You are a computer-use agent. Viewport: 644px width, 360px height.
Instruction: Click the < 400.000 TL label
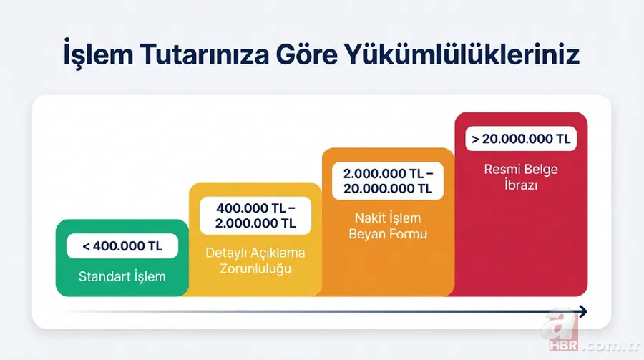[122, 246]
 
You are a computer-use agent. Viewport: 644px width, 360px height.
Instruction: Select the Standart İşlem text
[122, 276]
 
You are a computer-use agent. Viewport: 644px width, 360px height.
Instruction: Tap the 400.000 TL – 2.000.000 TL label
[255, 215]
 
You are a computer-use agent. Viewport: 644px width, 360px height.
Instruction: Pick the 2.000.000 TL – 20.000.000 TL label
[388, 181]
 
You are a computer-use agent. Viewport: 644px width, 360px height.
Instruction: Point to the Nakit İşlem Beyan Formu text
[388, 226]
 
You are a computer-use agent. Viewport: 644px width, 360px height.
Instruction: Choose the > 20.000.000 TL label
[521, 139]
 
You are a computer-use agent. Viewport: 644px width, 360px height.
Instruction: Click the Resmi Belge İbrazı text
[520, 177]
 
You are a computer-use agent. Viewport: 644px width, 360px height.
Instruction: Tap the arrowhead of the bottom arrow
[582, 311]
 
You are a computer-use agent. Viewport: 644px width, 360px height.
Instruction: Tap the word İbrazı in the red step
[520, 185]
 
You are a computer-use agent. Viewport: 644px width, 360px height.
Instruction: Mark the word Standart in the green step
[102, 276]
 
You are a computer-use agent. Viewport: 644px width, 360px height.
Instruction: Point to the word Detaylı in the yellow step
[225, 253]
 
